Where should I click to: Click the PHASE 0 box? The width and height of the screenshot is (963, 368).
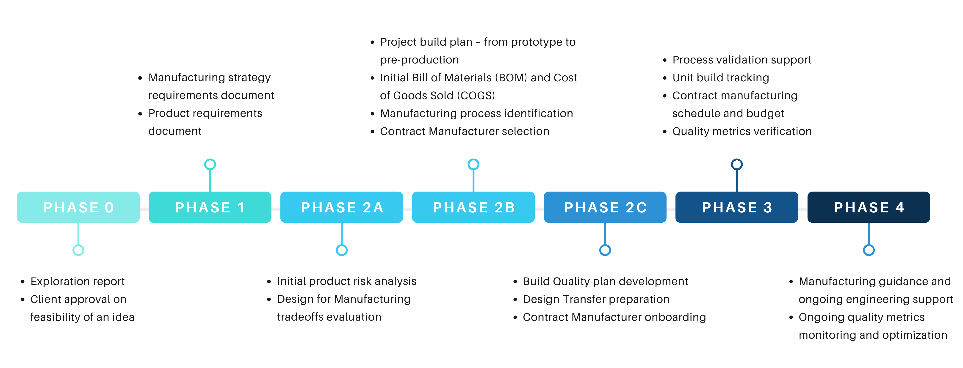pyautogui.click(x=78, y=207)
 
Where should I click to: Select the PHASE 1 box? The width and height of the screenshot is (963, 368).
pyautogui.click(x=210, y=207)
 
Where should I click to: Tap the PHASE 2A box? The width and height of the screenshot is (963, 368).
pyautogui.click(x=342, y=207)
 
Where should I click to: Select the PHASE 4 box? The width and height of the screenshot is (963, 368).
pyautogui.click(x=869, y=207)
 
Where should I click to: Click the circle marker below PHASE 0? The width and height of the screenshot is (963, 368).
pyautogui.click(x=78, y=250)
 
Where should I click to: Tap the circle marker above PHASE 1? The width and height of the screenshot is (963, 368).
pyautogui.click(x=210, y=164)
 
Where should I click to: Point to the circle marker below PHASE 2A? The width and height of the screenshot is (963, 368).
pyautogui.click(x=342, y=250)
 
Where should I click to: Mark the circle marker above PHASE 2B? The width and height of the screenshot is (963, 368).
pyautogui.click(x=474, y=164)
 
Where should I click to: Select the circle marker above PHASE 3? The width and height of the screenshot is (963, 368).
pyautogui.click(x=737, y=164)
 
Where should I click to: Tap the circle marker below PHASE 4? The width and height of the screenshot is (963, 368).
pyautogui.click(x=869, y=250)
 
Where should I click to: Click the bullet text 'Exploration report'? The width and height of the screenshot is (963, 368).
pyautogui.click(x=77, y=281)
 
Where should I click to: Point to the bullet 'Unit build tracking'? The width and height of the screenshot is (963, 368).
pyautogui.click(x=720, y=78)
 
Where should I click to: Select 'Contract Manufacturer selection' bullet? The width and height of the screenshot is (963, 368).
pyautogui.click(x=464, y=132)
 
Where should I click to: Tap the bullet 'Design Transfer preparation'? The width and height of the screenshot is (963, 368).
pyautogui.click(x=596, y=299)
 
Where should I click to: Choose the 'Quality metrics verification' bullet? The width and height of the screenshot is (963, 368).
pyautogui.click(x=742, y=132)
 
